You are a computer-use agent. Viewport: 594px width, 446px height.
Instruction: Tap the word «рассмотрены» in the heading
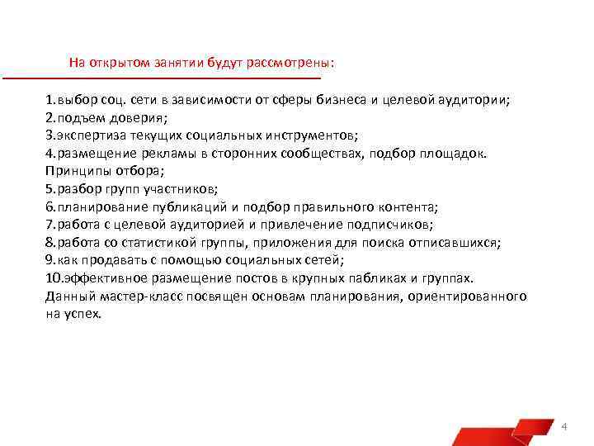(296, 63)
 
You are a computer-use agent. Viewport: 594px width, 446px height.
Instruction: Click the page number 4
(563, 426)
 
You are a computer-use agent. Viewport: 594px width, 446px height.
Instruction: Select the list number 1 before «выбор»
(49, 101)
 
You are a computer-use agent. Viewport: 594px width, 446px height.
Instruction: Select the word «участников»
(179, 189)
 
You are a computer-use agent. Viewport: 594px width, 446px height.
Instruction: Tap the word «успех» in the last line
(82, 315)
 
